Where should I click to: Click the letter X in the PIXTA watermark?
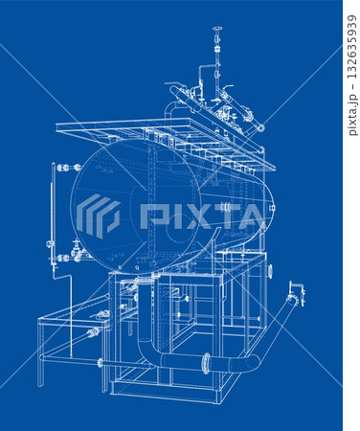click(x=193, y=216)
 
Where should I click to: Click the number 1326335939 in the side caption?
click(x=351, y=47)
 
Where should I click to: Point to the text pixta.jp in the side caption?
click(x=352, y=114)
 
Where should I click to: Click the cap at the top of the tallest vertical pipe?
click(x=217, y=29)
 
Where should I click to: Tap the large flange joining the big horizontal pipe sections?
click(x=206, y=363)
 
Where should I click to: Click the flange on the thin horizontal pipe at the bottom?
click(x=101, y=363)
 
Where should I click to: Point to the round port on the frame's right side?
click(x=270, y=271)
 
